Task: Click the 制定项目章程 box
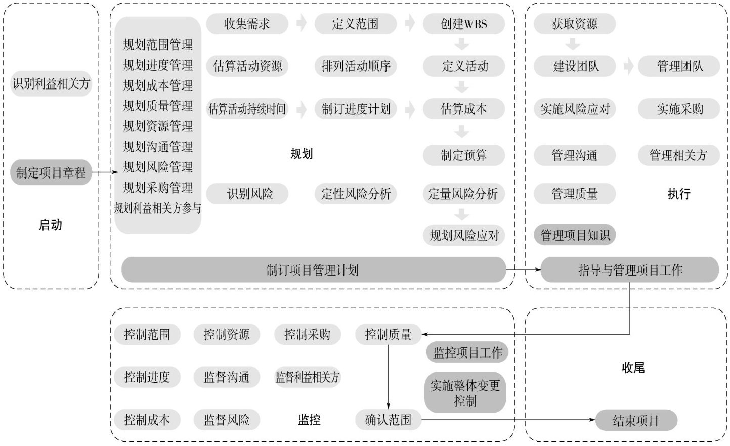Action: [x=51, y=173]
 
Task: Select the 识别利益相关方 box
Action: [x=51, y=83]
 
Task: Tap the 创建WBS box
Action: [x=463, y=24]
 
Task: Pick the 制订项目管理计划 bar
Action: [x=313, y=270]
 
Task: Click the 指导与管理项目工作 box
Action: [x=630, y=270]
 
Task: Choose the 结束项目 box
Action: [x=636, y=420]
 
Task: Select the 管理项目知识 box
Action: [x=575, y=235]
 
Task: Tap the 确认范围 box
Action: [x=388, y=420]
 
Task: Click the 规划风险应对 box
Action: [x=463, y=235]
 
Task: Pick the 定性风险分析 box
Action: [x=356, y=194]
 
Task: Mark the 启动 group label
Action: [x=51, y=225]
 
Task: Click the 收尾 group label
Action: [x=633, y=368]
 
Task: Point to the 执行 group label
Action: [x=678, y=194]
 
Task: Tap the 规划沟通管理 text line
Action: [x=158, y=147]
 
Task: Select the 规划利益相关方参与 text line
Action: [x=158, y=208]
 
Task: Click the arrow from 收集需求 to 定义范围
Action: [x=302, y=23]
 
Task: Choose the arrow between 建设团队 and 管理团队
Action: [x=628, y=66]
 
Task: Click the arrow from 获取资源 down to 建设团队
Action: [x=573, y=44]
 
